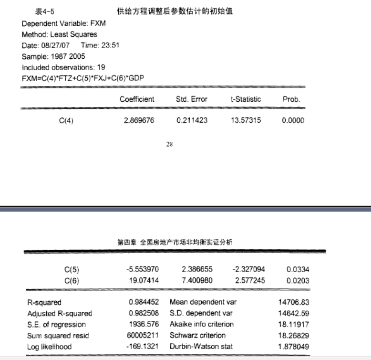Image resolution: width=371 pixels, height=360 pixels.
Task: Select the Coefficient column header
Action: tap(137, 99)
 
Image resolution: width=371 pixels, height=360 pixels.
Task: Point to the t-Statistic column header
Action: tap(246, 99)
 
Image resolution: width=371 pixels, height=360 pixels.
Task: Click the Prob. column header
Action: tap(291, 99)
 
